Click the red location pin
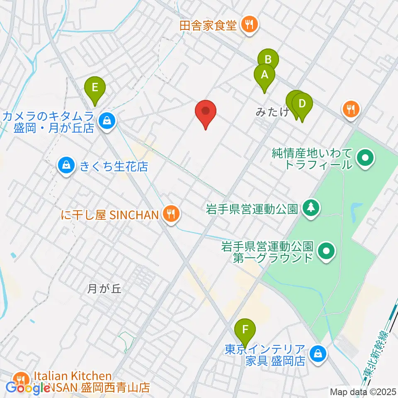tap(206, 112)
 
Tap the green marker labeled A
tap(264, 75)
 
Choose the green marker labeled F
tap(245, 330)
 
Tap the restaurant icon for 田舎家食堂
tap(250, 25)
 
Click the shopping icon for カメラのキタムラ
tap(107, 121)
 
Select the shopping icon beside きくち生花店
tap(66, 167)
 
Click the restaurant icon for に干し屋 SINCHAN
tap(170, 214)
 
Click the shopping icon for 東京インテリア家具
tap(318, 354)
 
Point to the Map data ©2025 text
tap(363, 391)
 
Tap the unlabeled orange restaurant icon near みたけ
tap(351, 109)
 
